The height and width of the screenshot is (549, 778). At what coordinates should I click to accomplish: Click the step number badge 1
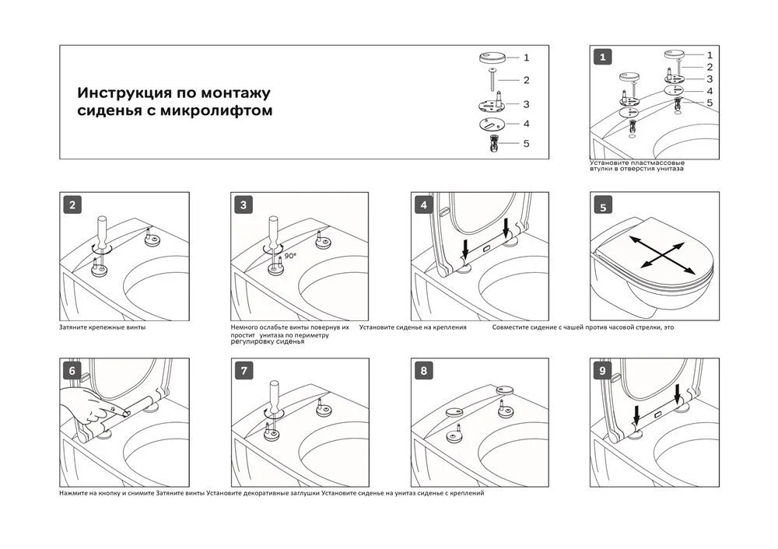(603, 57)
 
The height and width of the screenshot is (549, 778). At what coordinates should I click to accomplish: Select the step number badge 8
(424, 371)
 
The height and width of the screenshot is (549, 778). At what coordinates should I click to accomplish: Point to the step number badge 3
(244, 205)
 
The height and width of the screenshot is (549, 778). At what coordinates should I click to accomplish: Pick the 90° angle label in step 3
(289, 254)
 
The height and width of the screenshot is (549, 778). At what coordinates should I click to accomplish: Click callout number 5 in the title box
(527, 143)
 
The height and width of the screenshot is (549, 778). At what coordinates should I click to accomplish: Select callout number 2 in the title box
(527, 79)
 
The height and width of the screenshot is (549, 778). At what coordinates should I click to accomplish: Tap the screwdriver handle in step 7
(274, 392)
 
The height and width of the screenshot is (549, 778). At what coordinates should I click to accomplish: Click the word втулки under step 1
(603, 168)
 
